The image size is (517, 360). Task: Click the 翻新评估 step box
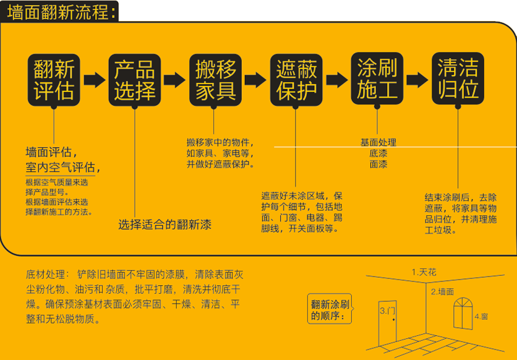click(x=54, y=79)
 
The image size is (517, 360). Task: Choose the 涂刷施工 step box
click(x=377, y=79)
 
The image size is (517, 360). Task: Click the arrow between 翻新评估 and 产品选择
click(x=94, y=79)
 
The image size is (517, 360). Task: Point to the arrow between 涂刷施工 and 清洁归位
click(x=417, y=79)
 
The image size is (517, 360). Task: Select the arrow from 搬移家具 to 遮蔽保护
click(x=256, y=79)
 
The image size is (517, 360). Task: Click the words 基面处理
click(x=378, y=142)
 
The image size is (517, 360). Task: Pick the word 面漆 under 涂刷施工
click(x=378, y=165)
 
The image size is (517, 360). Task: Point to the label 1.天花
click(x=424, y=272)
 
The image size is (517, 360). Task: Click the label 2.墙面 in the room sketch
click(x=442, y=291)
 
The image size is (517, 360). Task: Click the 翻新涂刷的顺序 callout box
click(x=331, y=310)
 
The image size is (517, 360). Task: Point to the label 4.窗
click(x=481, y=317)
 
